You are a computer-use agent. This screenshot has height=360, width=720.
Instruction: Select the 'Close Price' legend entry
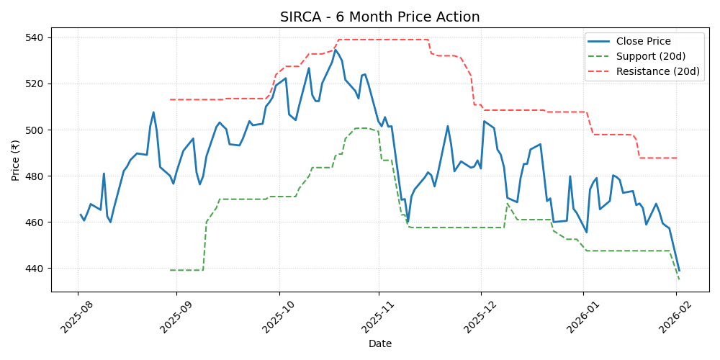point(643,41)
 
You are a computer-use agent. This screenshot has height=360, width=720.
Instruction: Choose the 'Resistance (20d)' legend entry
point(658,71)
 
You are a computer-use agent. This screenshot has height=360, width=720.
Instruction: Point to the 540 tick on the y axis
point(35,37)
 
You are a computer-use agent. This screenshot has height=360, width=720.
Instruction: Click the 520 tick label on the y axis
point(35,84)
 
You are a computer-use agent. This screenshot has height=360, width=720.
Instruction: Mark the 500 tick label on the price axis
point(35,130)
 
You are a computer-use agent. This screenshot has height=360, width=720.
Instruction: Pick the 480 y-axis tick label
point(35,176)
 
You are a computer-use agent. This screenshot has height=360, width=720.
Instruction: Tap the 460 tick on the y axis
point(35,222)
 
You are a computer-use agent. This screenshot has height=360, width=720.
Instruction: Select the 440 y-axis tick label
point(35,269)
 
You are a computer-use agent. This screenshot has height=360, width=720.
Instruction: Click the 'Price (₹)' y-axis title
point(16,160)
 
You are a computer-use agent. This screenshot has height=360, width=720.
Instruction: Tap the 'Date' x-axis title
point(379,344)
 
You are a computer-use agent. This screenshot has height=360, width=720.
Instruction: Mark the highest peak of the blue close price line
point(335,50)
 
